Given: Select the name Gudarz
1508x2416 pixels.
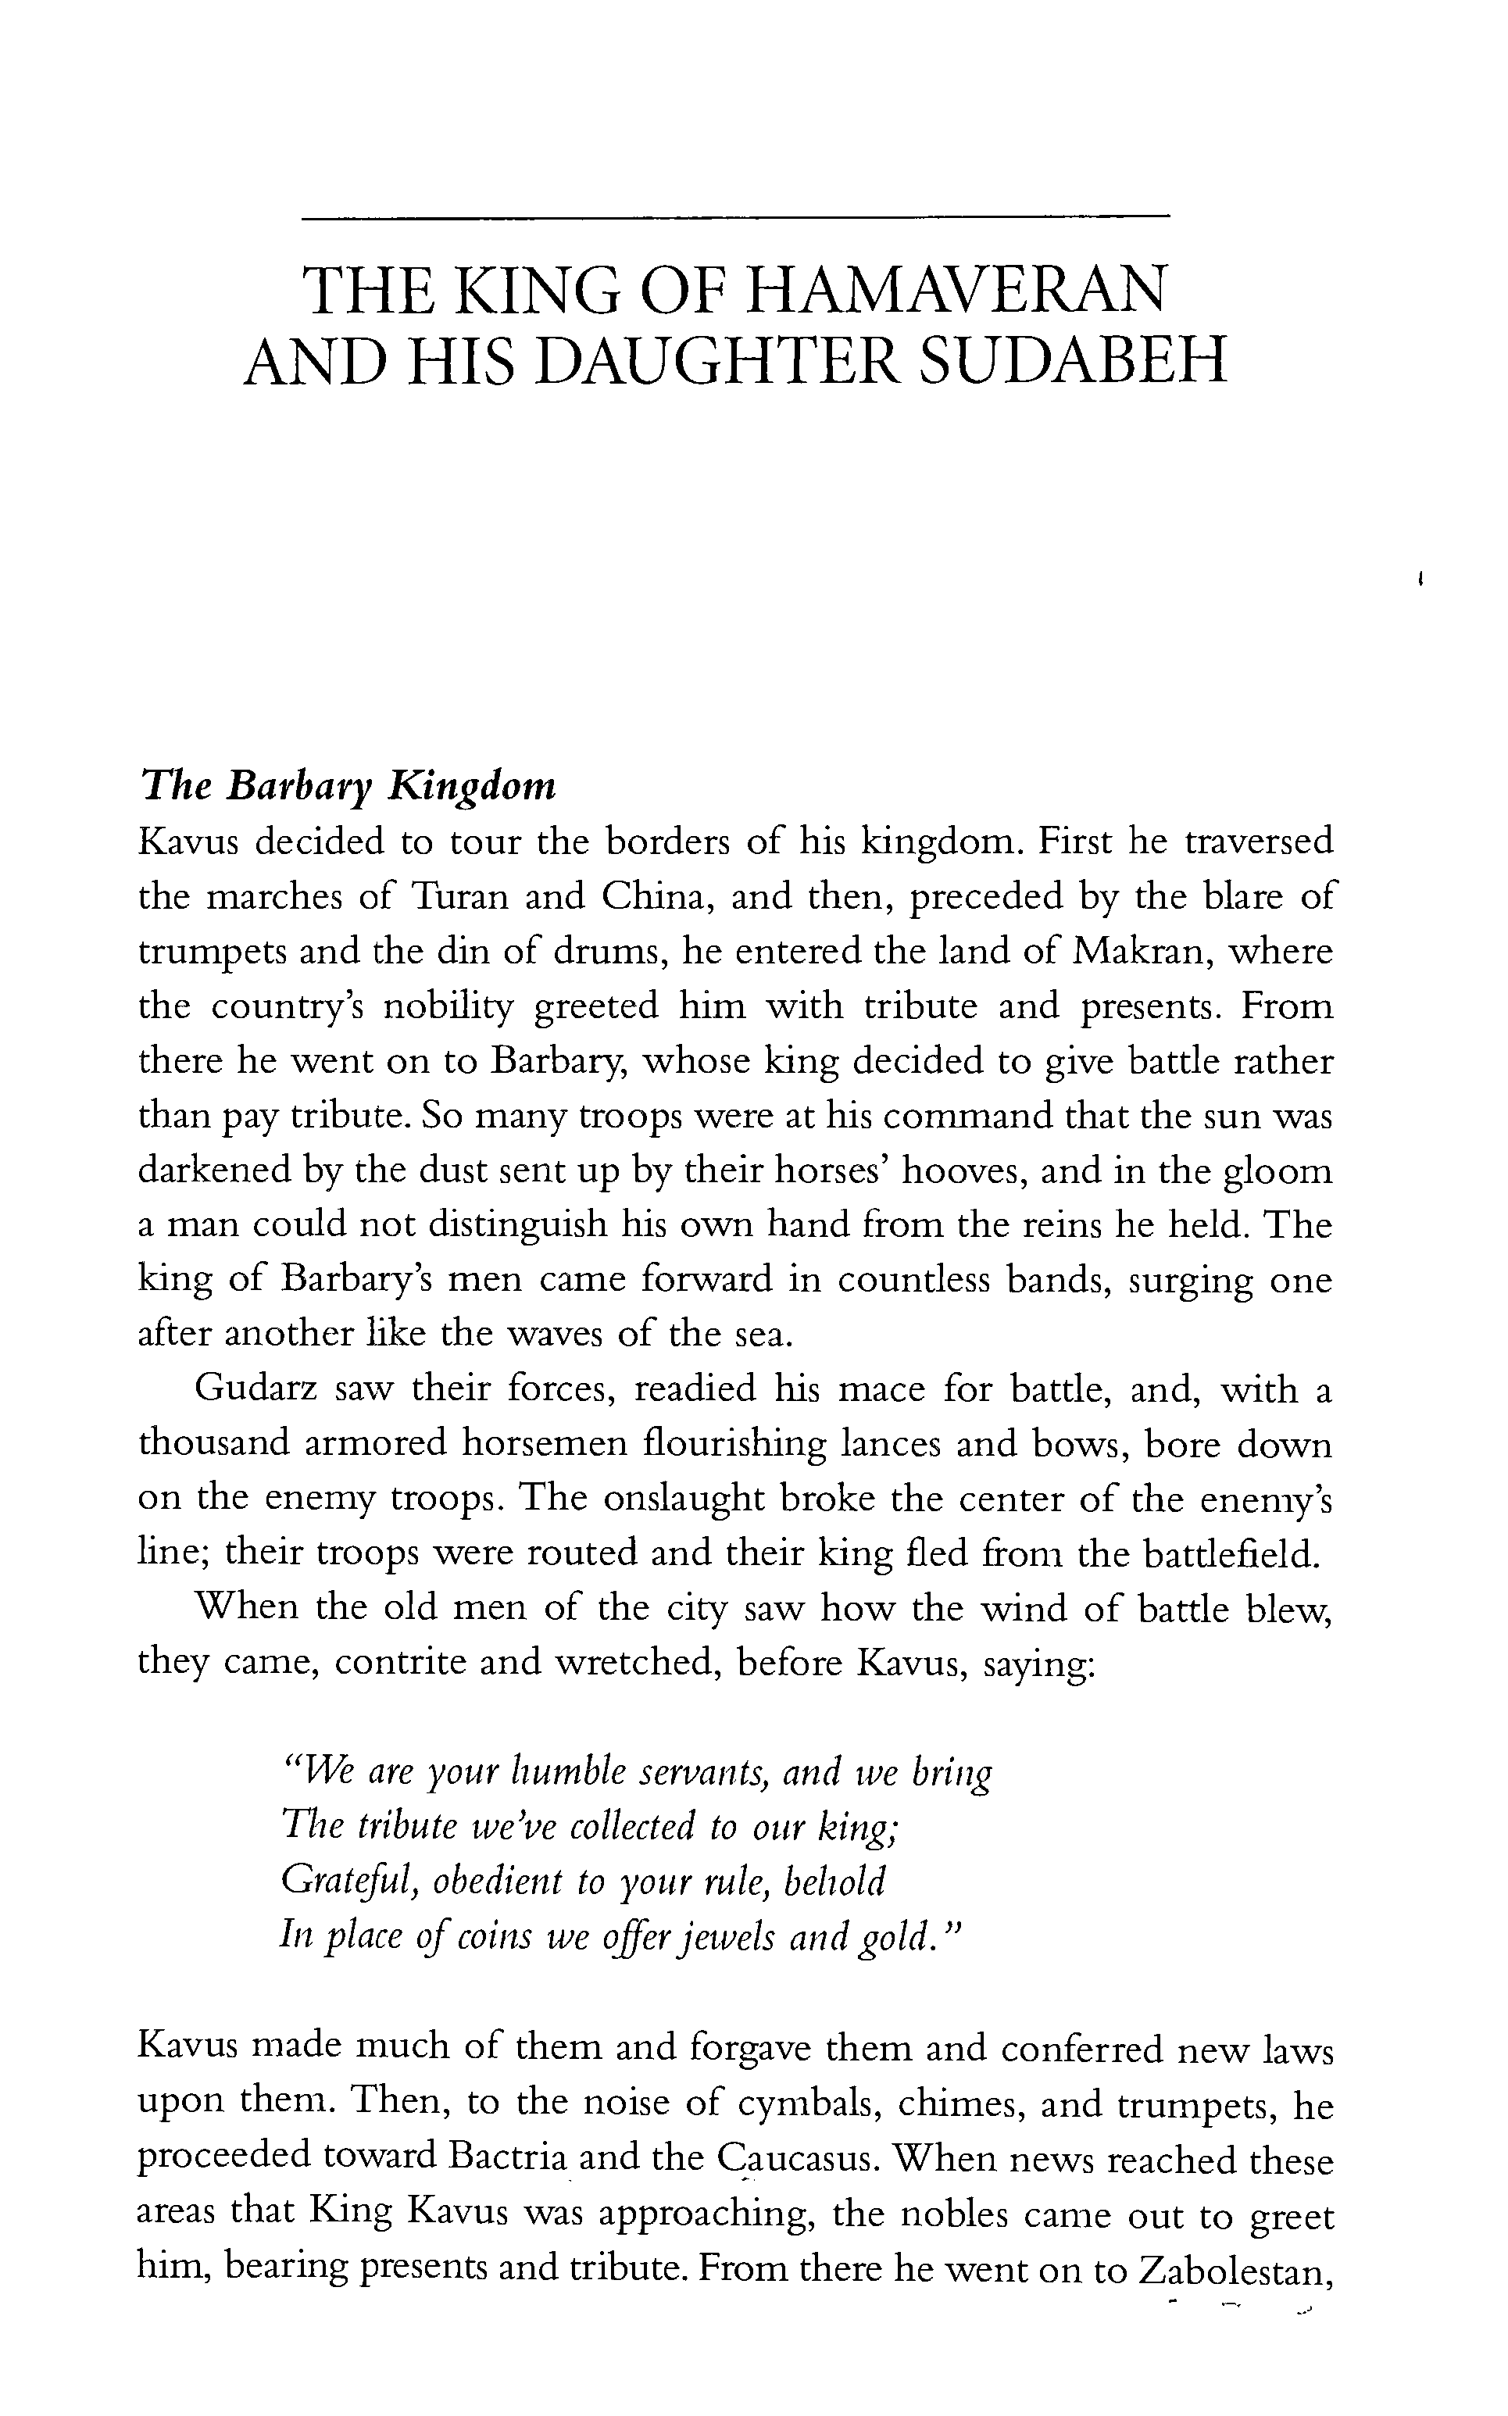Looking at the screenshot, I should pyautogui.click(x=256, y=1389).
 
